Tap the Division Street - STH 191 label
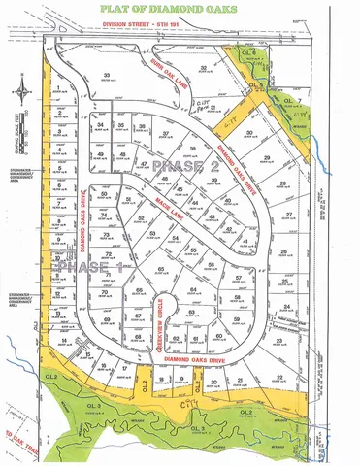(182, 29)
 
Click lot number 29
(265, 156)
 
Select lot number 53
(151, 233)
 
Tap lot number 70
(104, 290)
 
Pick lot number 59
(235, 317)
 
